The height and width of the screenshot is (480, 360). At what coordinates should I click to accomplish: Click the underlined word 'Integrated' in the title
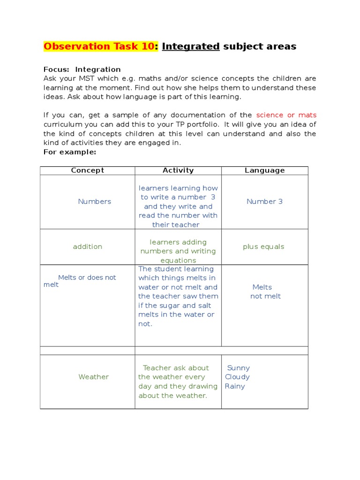(191, 46)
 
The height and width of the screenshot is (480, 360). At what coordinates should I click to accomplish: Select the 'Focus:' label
(56, 69)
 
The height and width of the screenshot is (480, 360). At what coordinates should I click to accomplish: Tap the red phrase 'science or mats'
(286, 115)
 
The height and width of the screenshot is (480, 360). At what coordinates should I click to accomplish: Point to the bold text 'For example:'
(69, 152)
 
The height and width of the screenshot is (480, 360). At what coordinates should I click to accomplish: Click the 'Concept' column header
(87, 171)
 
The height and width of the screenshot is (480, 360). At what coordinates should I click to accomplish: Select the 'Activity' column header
(178, 171)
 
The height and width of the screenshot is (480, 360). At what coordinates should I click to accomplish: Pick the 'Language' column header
(264, 171)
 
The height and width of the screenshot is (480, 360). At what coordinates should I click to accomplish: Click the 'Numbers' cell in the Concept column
(94, 202)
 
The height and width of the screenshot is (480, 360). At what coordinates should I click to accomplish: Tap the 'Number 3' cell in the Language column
(264, 202)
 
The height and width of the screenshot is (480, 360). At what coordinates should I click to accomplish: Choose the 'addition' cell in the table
(87, 247)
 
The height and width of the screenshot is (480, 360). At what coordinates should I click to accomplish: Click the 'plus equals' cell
(263, 247)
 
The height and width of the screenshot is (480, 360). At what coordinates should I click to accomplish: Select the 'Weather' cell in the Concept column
(93, 377)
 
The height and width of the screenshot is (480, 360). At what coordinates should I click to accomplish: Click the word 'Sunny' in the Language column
(238, 368)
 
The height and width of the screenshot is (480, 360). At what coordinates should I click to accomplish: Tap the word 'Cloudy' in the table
(237, 377)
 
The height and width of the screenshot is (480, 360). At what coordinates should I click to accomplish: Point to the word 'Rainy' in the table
(235, 386)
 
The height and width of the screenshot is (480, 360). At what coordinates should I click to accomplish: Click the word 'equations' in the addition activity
(178, 261)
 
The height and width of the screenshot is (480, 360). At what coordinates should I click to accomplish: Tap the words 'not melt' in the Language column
(265, 296)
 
